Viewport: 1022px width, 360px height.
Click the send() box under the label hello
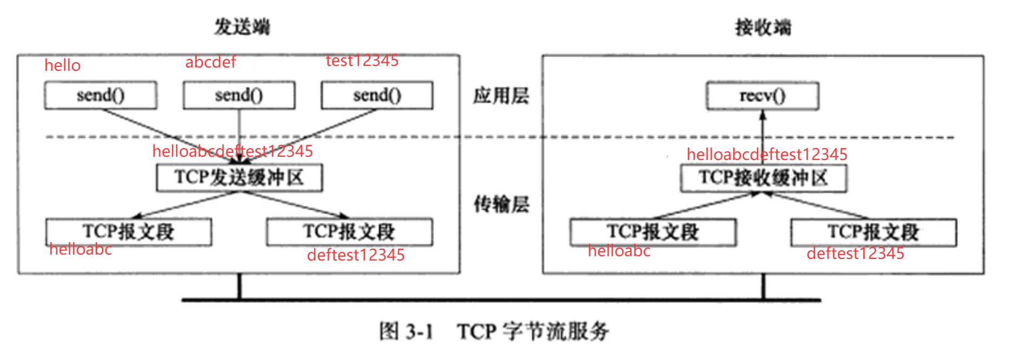pos(101,96)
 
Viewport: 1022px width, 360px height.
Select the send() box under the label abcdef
pos(239,96)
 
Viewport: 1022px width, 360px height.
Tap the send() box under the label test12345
pos(377,96)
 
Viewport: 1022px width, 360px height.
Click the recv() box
pos(762,96)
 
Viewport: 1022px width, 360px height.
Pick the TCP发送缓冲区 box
pos(239,178)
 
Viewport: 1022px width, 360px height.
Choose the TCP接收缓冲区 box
pos(764,178)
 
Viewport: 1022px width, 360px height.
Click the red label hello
pos(62,65)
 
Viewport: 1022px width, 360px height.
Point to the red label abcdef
pos(210,62)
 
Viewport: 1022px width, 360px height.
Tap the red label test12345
pos(362,61)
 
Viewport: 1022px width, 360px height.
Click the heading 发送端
pos(242,26)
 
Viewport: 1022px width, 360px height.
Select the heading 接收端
pos(763,27)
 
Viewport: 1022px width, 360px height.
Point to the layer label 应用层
pos(501,96)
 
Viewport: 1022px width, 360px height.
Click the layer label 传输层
pos(501,204)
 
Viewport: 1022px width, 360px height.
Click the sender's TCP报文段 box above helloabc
pos(129,232)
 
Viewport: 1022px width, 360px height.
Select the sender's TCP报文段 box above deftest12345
pos(349,232)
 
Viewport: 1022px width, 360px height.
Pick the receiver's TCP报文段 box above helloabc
pos(653,232)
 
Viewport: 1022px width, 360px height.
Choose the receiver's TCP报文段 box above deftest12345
pos(873,232)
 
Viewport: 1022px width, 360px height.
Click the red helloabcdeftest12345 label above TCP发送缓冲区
pos(233,151)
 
